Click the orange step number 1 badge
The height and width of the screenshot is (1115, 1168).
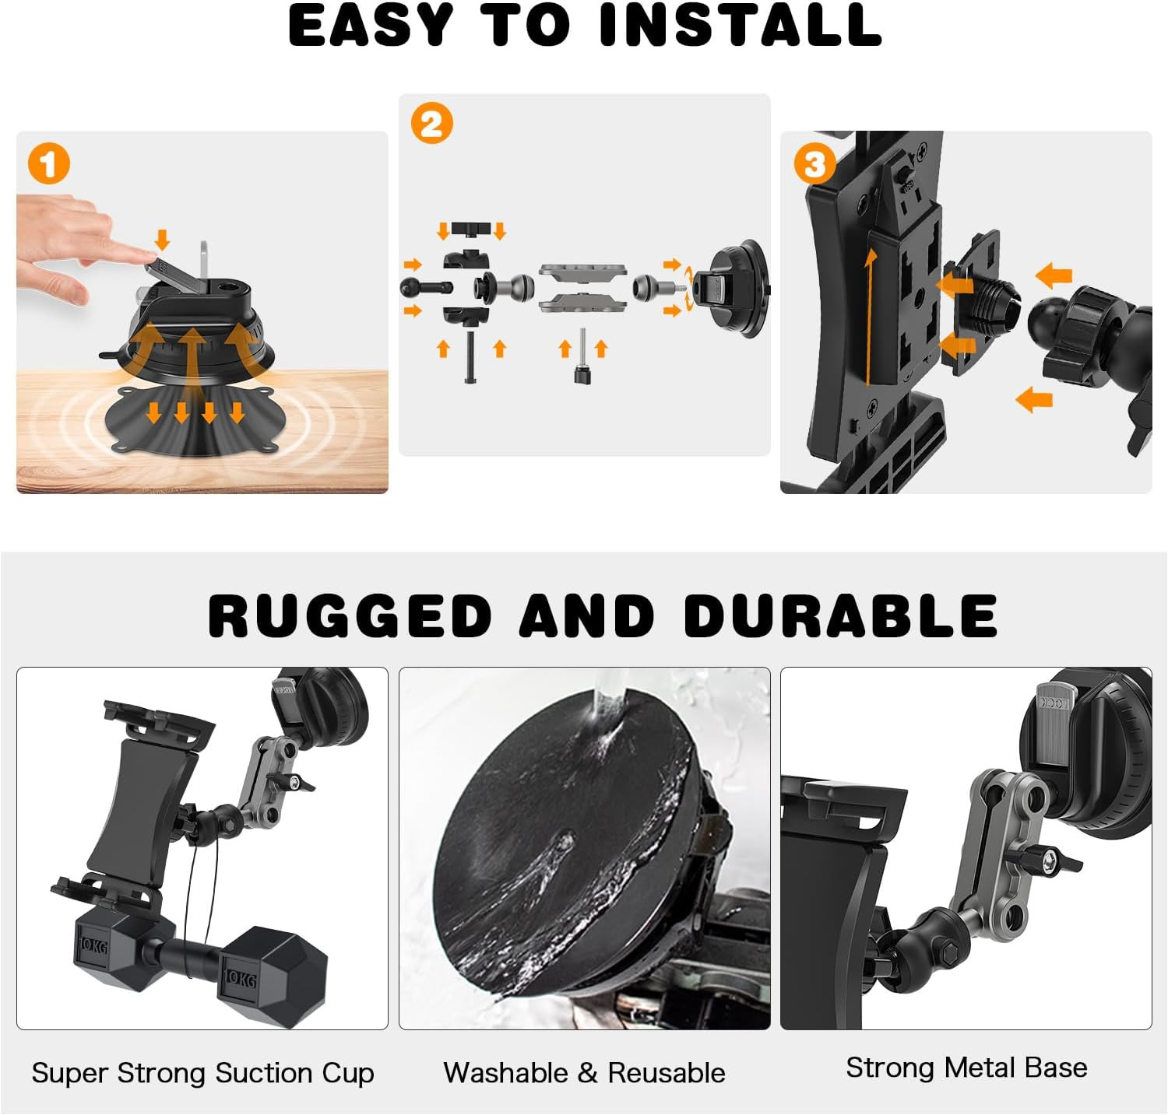(x=48, y=164)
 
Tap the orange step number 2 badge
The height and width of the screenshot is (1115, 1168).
(x=431, y=124)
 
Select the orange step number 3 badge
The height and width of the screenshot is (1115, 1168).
(x=814, y=164)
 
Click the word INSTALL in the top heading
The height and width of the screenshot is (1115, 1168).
(x=741, y=26)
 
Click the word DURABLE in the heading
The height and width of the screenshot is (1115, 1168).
(x=841, y=615)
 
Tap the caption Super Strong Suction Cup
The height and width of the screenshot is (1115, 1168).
(x=202, y=1073)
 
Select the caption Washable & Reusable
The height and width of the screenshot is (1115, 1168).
(x=584, y=1073)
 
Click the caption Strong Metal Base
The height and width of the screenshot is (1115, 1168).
(x=966, y=1068)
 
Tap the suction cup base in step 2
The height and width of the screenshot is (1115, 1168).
(x=736, y=289)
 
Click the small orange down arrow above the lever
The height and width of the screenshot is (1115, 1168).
(x=162, y=238)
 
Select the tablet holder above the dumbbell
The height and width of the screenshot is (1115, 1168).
(x=148, y=801)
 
